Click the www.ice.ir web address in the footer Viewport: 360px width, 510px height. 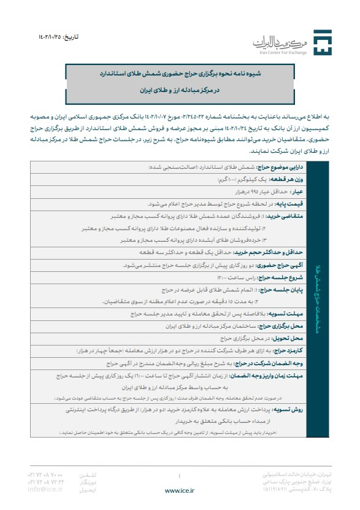[x=180, y=490]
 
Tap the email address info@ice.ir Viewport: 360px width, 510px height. [x=45, y=489]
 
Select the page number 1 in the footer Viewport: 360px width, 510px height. [x=179, y=475]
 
